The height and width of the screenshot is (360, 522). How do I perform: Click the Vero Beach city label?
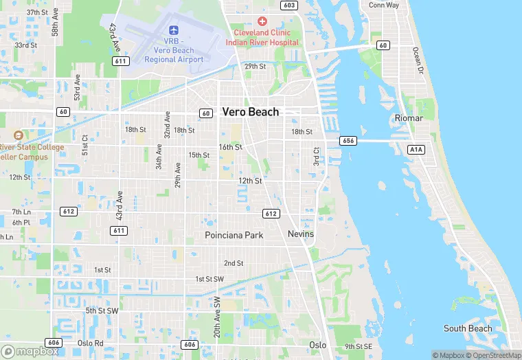tap(250, 112)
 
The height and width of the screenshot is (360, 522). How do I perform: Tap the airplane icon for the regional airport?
tap(174, 30)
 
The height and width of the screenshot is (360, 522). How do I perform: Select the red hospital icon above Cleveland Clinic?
tap(262, 22)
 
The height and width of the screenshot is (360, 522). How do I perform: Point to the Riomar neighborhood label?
tap(409, 118)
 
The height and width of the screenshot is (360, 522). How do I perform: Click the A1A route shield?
tap(416, 149)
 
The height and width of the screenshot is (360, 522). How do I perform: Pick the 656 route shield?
tap(348, 141)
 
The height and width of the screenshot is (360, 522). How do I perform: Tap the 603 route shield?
tap(289, 5)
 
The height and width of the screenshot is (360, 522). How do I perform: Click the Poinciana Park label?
tap(234, 235)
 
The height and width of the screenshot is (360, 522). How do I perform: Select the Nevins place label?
tap(300, 234)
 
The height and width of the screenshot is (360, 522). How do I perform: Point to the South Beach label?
tap(468, 328)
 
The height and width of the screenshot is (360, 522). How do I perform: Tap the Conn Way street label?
tap(383, 5)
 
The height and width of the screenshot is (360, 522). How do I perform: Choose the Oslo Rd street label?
tap(90, 343)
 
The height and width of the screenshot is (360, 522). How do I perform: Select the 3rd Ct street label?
tap(317, 156)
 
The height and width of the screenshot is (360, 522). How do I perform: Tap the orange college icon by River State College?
tap(18, 135)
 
